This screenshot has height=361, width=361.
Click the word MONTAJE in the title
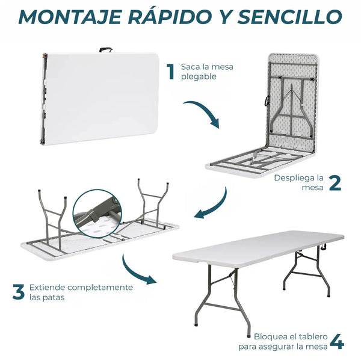(70, 17)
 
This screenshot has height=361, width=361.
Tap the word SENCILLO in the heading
(290, 17)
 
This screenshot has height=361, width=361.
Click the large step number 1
(171, 72)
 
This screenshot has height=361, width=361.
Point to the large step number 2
(335, 183)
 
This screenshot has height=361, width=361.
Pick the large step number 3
(19, 292)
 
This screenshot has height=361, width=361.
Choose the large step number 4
(337, 342)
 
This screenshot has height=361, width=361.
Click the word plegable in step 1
(199, 76)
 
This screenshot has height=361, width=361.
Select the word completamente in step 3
(100, 288)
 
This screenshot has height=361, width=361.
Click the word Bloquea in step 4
(269, 336)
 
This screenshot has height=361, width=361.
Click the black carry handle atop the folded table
(106, 50)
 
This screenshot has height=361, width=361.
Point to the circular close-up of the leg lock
(97, 214)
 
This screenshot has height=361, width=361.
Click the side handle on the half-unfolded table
(267, 100)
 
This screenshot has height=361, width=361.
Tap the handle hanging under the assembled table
(324, 247)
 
